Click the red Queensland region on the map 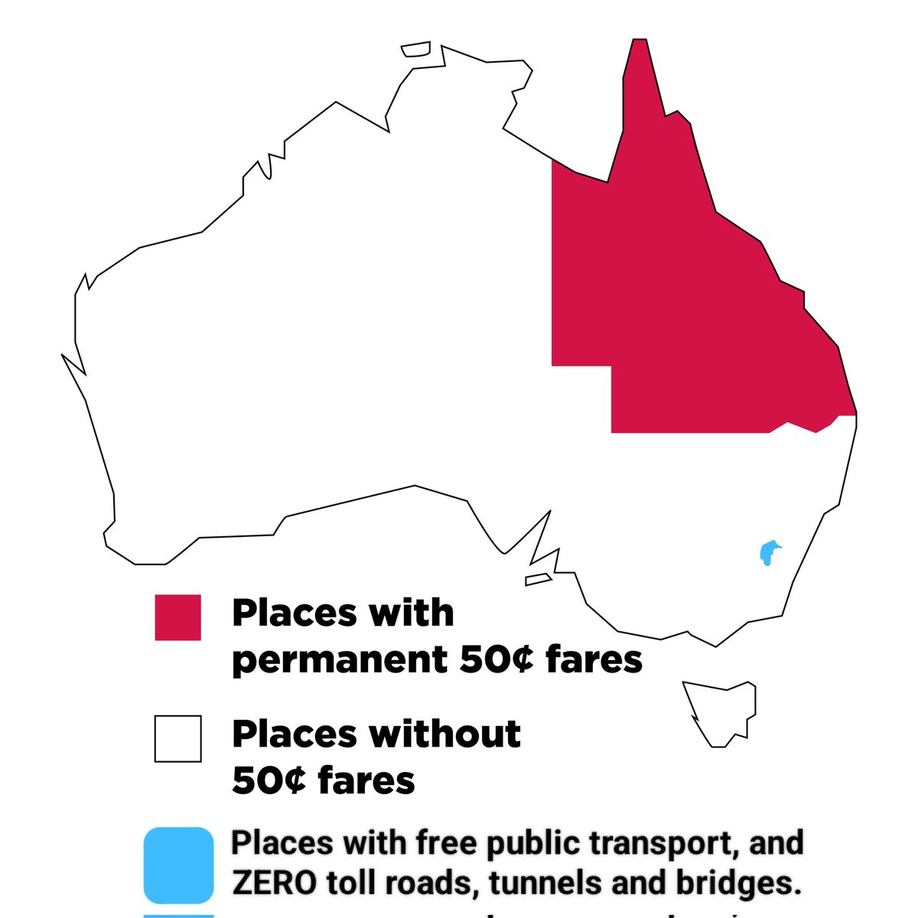coord(688,306)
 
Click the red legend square coord(177,617)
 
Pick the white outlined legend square coord(177,738)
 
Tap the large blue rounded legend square coord(178,864)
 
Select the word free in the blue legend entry coord(441,843)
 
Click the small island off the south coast coord(538,580)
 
